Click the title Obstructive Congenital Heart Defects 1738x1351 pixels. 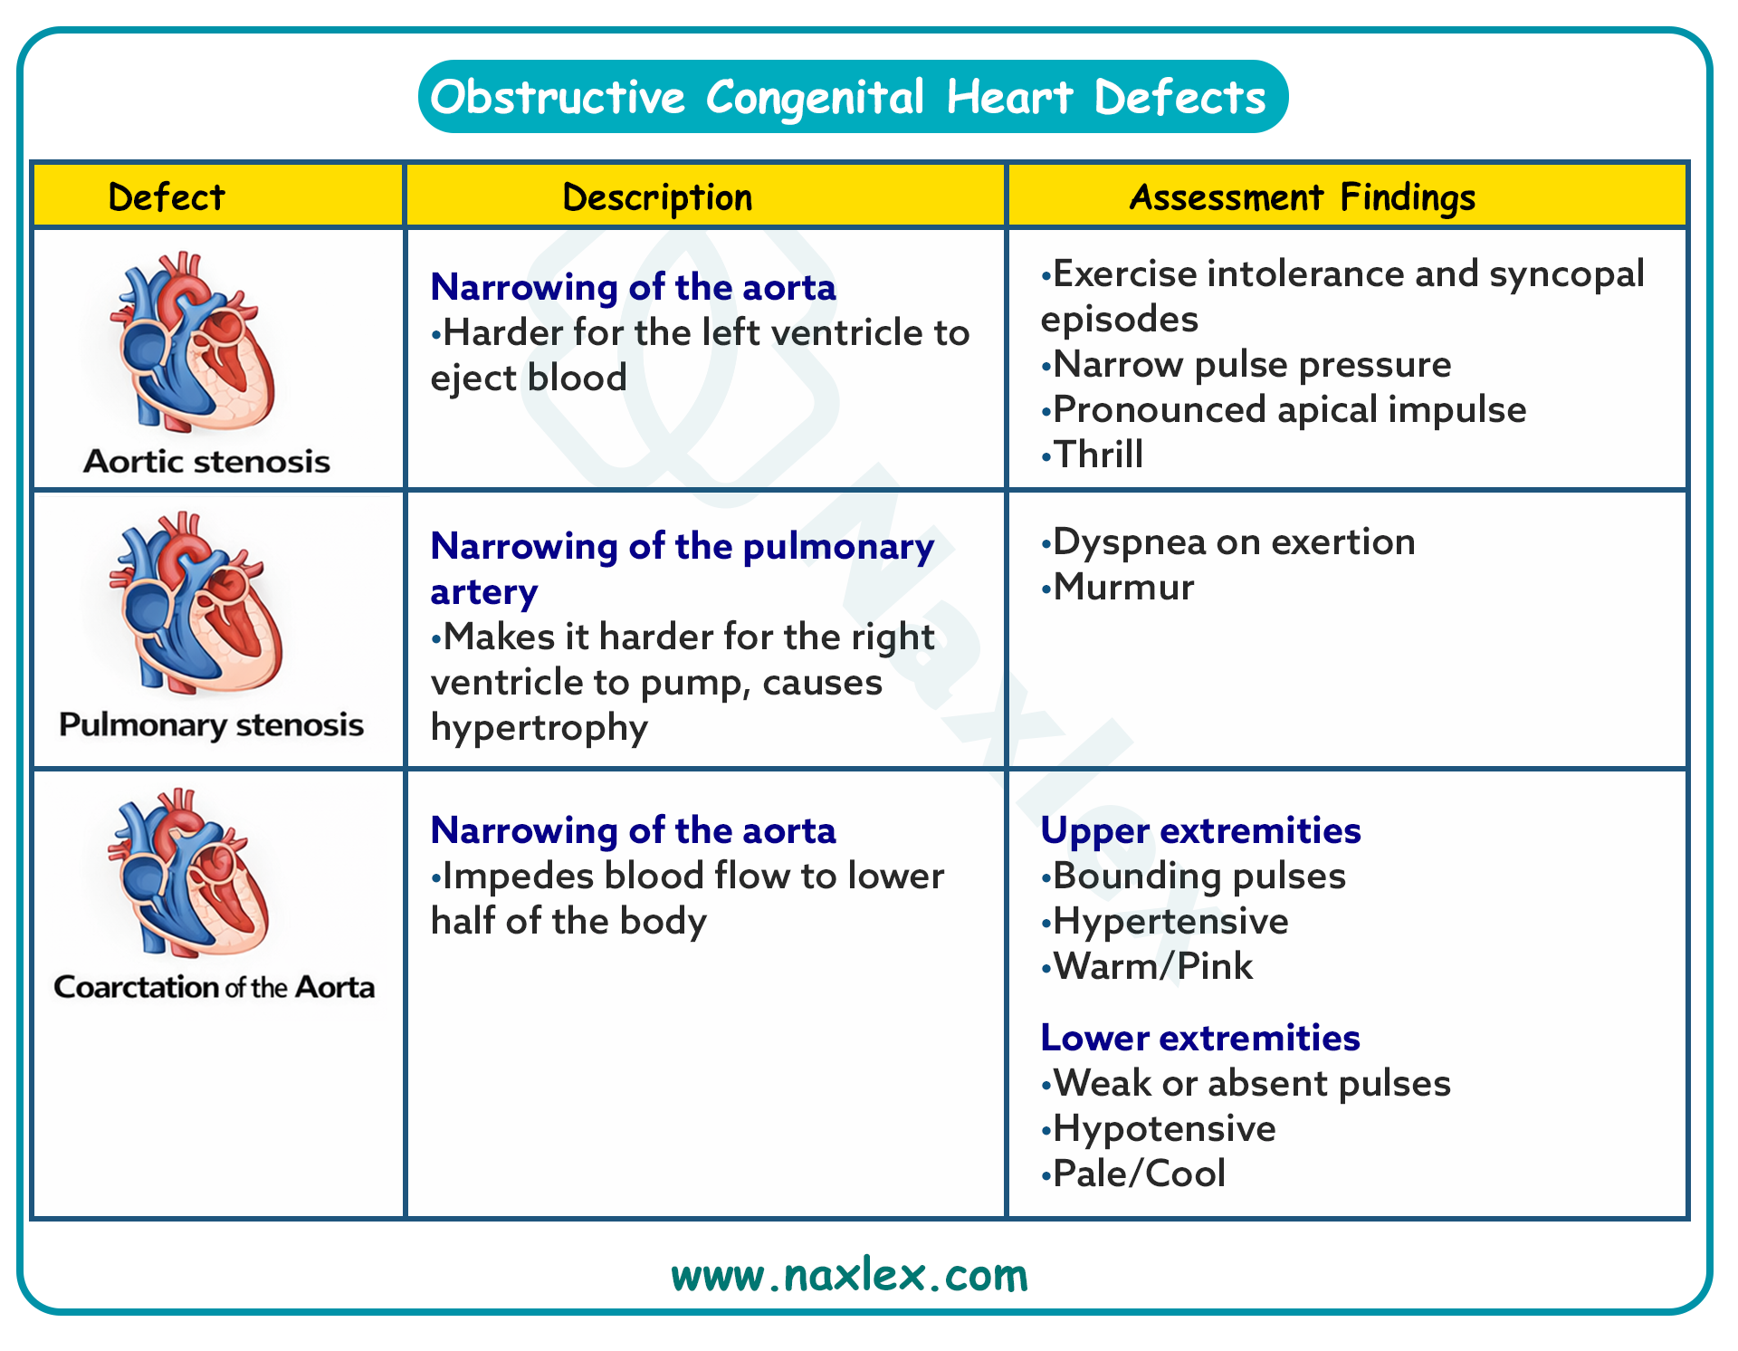(x=848, y=97)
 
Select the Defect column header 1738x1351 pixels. (x=166, y=196)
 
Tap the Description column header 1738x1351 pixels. (x=657, y=197)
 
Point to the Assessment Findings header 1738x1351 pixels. (x=1303, y=197)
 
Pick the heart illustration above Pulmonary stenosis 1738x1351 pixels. (x=196, y=603)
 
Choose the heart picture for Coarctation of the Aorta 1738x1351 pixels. (x=189, y=873)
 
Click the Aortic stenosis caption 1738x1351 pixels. (x=207, y=461)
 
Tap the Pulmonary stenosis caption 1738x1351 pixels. (x=211, y=724)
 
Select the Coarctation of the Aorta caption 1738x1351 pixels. (x=214, y=986)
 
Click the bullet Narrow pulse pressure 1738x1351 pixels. (x=1246, y=365)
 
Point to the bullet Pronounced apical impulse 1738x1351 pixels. (x=1284, y=410)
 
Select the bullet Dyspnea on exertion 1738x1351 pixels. (x=1227, y=542)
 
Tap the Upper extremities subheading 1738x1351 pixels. (x=1200, y=831)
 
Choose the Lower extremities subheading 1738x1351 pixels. (x=1200, y=1038)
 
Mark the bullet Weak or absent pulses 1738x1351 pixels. (x=1246, y=1084)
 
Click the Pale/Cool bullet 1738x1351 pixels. (x=1133, y=1174)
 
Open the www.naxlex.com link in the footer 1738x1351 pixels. (x=849, y=1275)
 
